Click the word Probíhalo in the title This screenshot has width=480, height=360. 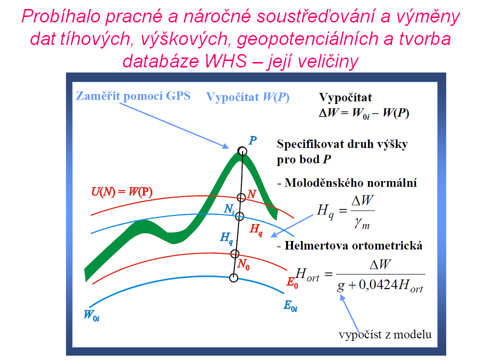(x=61, y=16)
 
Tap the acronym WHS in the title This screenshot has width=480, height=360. (x=226, y=60)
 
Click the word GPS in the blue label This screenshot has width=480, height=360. (x=178, y=96)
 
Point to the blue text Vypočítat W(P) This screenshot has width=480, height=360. (x=247, y=97)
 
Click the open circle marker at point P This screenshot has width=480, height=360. (x=242, y=151)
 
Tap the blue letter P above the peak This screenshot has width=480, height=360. (x=252, y=140)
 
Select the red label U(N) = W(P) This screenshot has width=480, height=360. (x=122, y=192)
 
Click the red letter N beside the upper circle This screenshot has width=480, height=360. (x=251, y=194)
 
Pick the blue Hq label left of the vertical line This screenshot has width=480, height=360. (x=227, y=238)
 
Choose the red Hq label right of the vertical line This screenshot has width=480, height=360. (x=256, y=229)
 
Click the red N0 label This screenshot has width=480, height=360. (x=243, y=264)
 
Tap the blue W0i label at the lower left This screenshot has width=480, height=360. (x=91, y=315)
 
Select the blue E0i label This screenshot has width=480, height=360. (x=290, y=306)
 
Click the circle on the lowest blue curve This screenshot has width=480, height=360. (x=233, y=278)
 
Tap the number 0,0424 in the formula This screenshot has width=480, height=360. (x=378, y=285)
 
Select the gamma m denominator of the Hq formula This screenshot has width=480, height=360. (x=362, y=224)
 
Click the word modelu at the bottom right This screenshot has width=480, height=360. (x=412, y=334)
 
